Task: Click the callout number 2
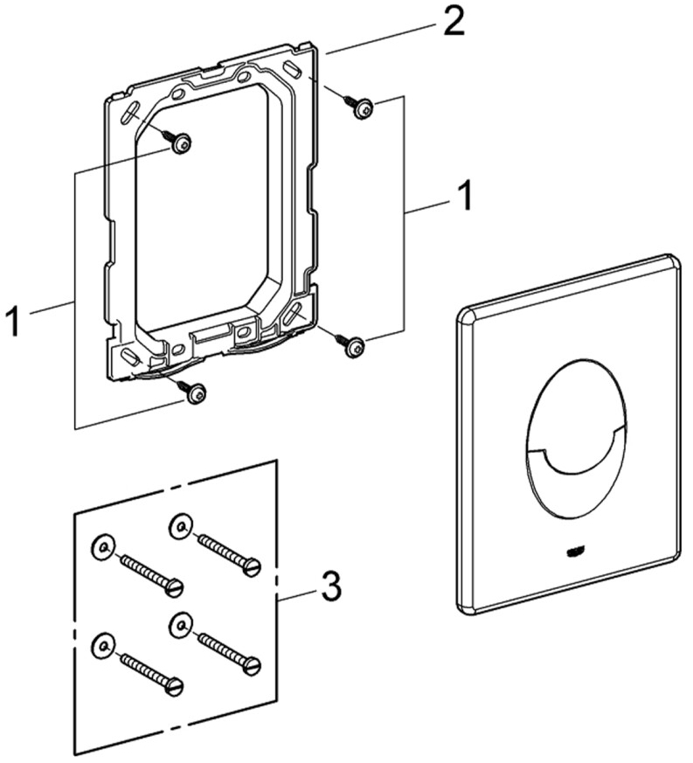(452, 22)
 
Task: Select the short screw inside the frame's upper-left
(180, 143)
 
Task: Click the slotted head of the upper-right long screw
(253, 567)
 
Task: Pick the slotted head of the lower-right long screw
(253, 666)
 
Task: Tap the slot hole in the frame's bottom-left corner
(129, 357)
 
